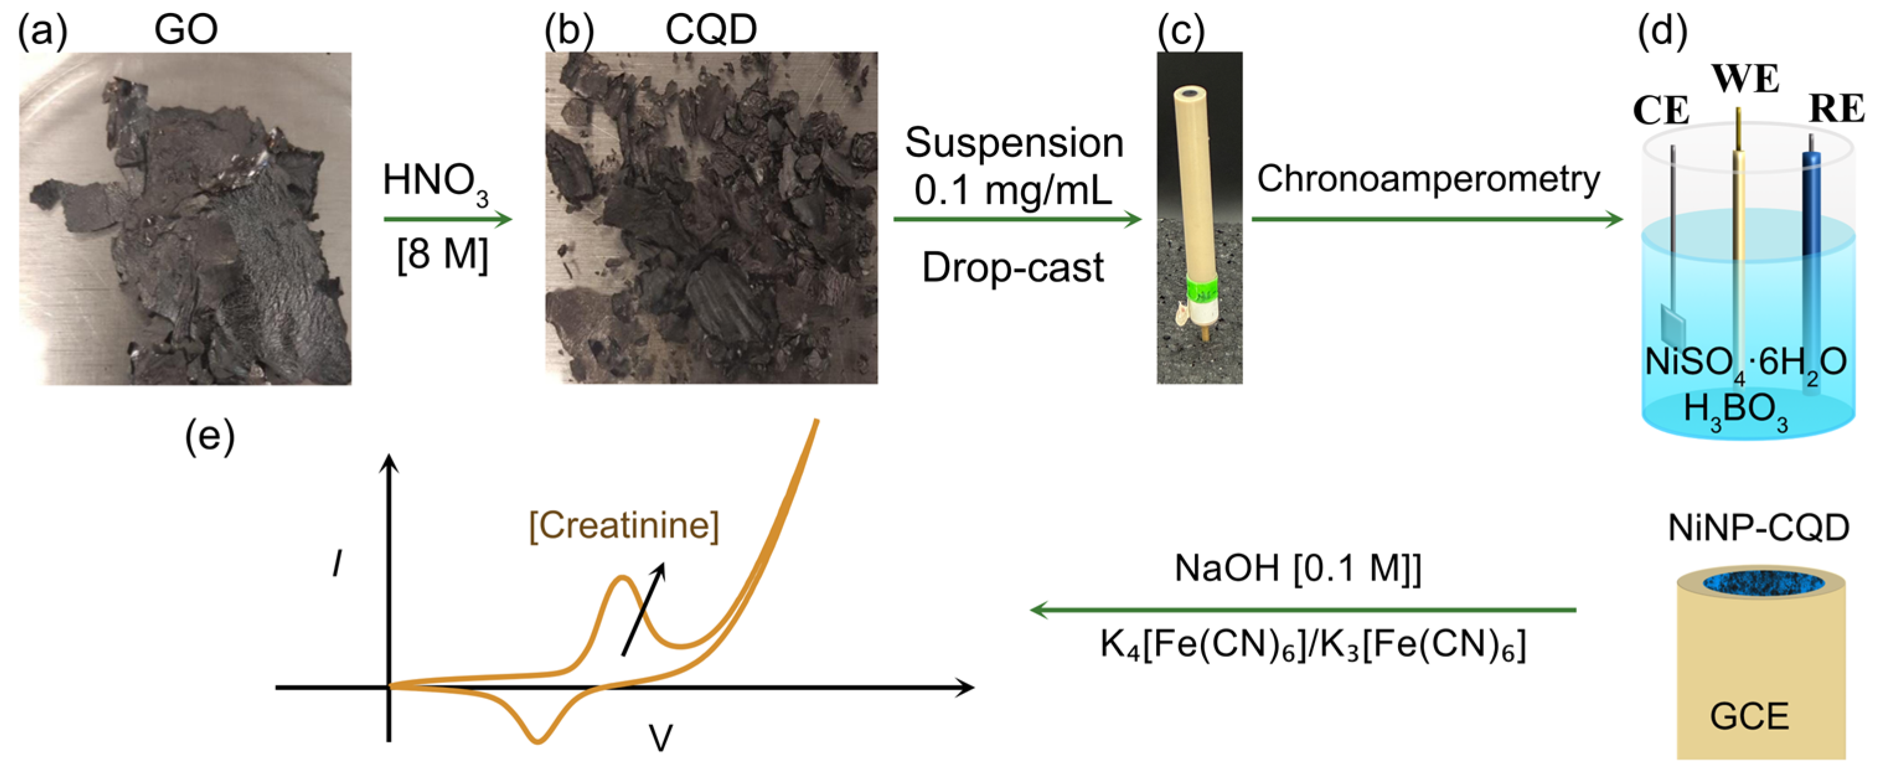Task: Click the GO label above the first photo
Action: (x=185, y=29)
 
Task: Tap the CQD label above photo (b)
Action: (x=710, y=29)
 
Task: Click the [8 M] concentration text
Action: (x=443, y=255)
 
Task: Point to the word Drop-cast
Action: (x=1013, y=267)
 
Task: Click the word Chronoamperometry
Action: (x=1428, y=179)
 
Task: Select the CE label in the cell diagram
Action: (x=1661, y=111)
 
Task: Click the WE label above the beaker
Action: (x=1745, y=79)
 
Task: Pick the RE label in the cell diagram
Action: (x=1836, y=110)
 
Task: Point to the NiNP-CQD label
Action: (x=1758, y=528)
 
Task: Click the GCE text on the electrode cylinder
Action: (x=1749, y=716)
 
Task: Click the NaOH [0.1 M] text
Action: (x=1298, y=568)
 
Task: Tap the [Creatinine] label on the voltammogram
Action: (x=624, y=525)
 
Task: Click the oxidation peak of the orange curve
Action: (x=622, y=578)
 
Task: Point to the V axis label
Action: (x=660, y=738)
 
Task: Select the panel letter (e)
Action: (x=210, y=438)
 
